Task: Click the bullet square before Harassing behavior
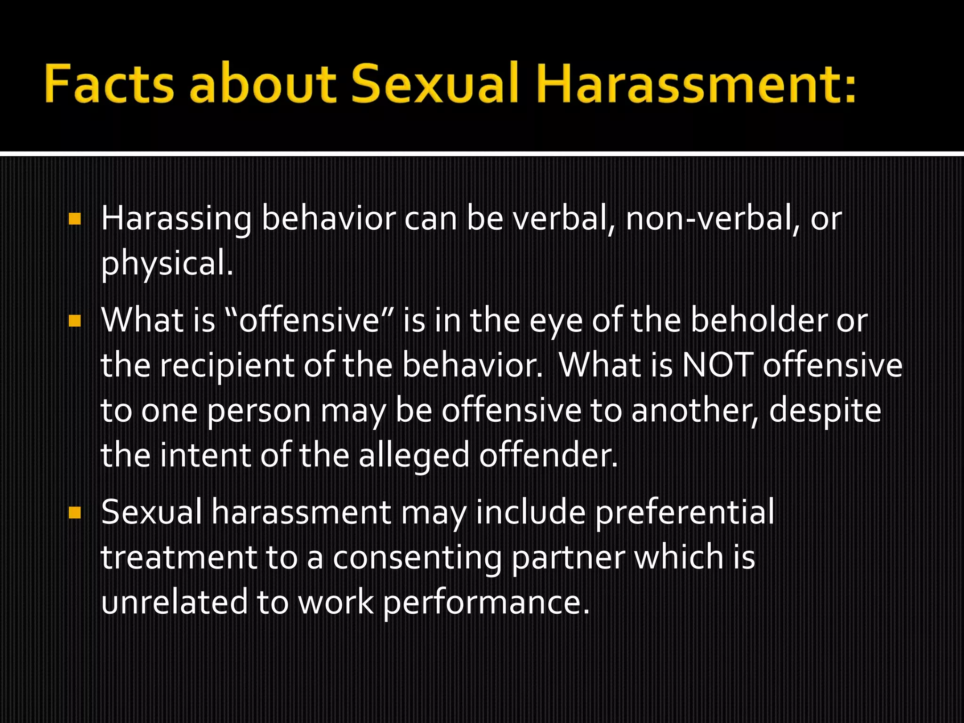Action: click(x=74, y=219)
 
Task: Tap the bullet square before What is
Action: click(x=74, y=321)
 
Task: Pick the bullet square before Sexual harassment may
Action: click(x=74, y=513)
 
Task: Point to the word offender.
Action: click(x=548, y=456)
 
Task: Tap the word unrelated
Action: click(x=174, y=603)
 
